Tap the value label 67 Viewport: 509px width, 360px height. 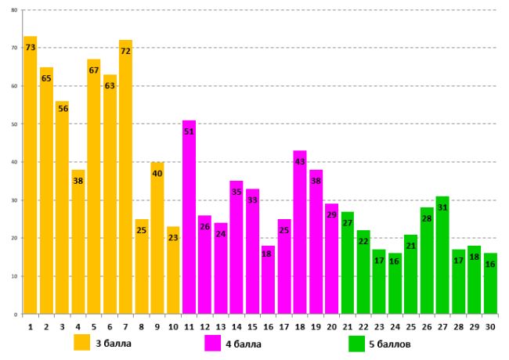tap(94, 70)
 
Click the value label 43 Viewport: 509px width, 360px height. tap(300, 162)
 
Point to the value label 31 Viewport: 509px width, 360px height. tap(442, 207)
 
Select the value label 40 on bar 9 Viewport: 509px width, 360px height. tap(157, 174)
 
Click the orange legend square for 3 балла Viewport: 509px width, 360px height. tap(81, 343)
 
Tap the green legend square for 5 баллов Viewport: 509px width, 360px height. tap(357, 343)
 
